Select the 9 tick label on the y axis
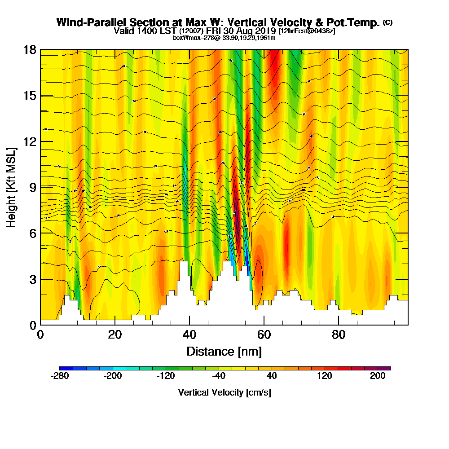tap(32, 187)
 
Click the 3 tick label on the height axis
tap(32, 279)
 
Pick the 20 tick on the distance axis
tap(115, 335)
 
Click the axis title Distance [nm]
tap(224, 351)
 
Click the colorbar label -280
tap(60, 376)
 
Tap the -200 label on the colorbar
tap(113, 376)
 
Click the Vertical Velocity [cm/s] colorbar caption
tap(224, 392)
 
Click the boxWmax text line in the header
tap(224, 38)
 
